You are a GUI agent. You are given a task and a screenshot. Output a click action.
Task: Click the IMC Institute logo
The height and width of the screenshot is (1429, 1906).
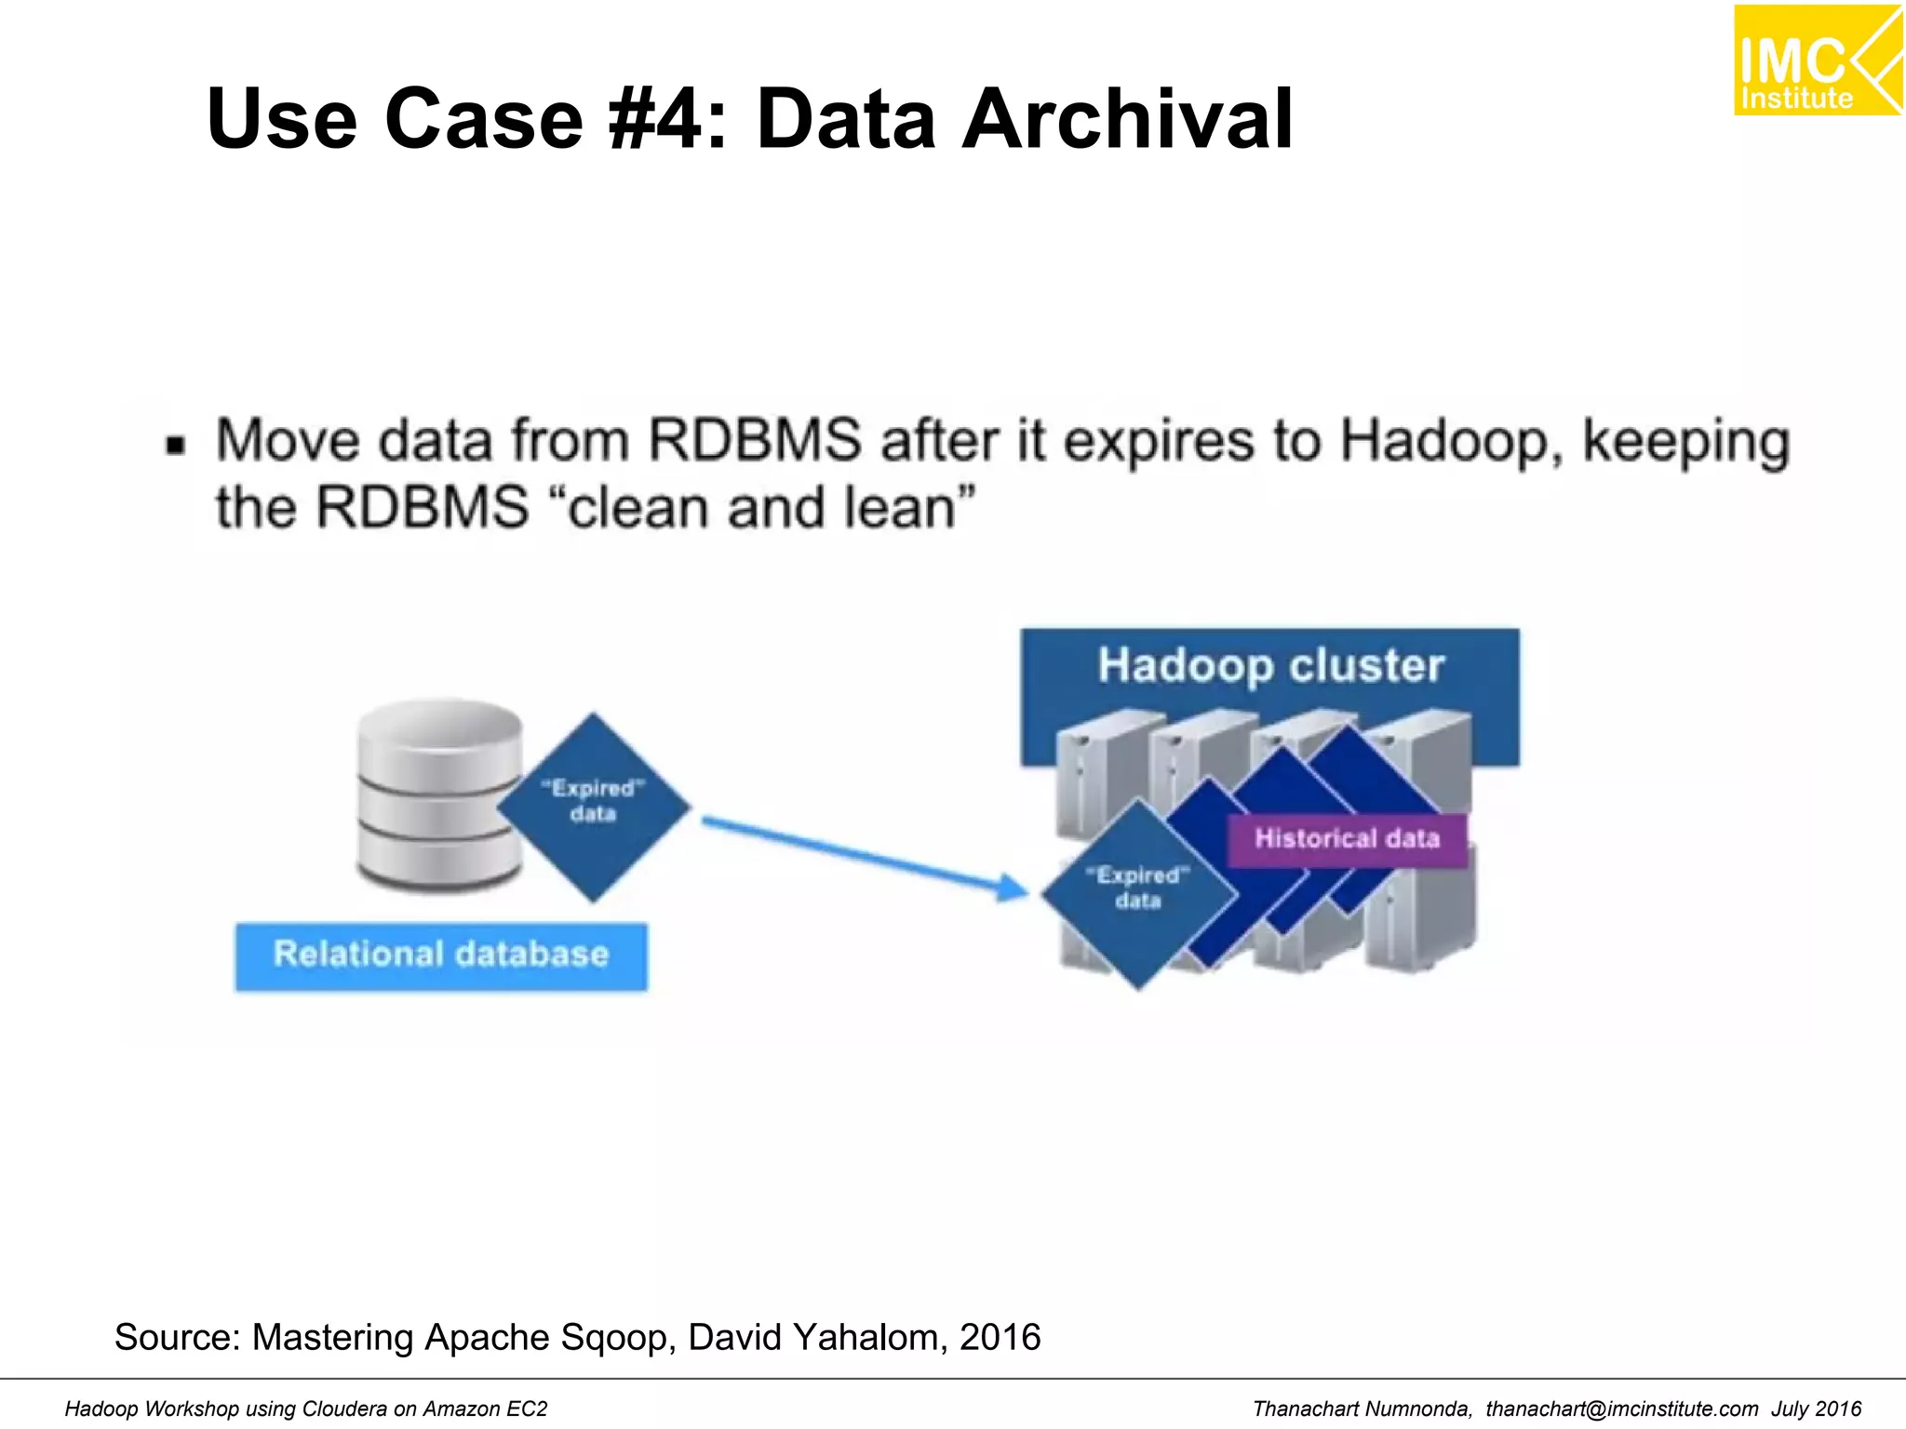pyautogui.click(x=1817, y=60)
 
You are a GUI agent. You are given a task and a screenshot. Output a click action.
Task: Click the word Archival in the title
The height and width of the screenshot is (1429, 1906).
pyautogui.click(x=1127, y=119)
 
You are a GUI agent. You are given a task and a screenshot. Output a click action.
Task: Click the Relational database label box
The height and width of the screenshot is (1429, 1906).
pyautogui.click(x=441, y=955)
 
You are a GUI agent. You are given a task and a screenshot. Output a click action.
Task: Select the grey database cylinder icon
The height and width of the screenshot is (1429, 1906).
pyautogui.click(x=439, y=795)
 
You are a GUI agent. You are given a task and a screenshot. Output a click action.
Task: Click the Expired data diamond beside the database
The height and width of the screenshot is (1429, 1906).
pyautogui.click(x=593, y=806)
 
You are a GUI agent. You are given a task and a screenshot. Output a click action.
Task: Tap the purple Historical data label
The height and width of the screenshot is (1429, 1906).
pyautogui.click(x=1347, y=839)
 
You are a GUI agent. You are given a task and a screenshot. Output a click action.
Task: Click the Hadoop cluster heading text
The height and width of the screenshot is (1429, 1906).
pyautogui.click(x=1270, y=666)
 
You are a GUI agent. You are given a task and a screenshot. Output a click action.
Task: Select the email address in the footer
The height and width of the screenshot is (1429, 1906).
pyautogui.click(x=1621, y=1409)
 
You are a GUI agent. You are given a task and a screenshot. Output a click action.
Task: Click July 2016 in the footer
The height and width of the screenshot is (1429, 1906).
pyautogui.click(x=1816, y=1409)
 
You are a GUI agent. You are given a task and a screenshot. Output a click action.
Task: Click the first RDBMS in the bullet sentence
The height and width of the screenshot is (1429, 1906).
pyautogui.click(x=754, y=441)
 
